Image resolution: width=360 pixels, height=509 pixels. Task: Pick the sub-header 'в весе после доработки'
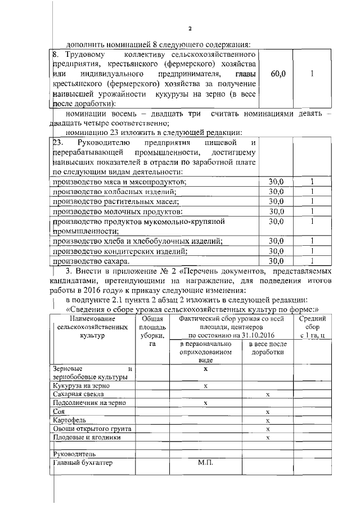click(x=268, y=348)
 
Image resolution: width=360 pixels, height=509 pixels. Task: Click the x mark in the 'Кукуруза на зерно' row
click(x=205, y=386)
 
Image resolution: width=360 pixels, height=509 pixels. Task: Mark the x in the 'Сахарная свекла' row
click(x=268, y=395)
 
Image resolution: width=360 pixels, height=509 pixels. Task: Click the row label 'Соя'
click(x=58, y=412)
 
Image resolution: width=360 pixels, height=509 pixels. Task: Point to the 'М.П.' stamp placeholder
click(x=205, y=463)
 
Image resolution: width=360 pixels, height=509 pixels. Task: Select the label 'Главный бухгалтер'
click(x=82, y=463)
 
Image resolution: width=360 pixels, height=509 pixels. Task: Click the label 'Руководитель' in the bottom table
click(x=74, y=453)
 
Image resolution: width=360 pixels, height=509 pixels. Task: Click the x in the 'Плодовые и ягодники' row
click(x=268, y=437)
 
